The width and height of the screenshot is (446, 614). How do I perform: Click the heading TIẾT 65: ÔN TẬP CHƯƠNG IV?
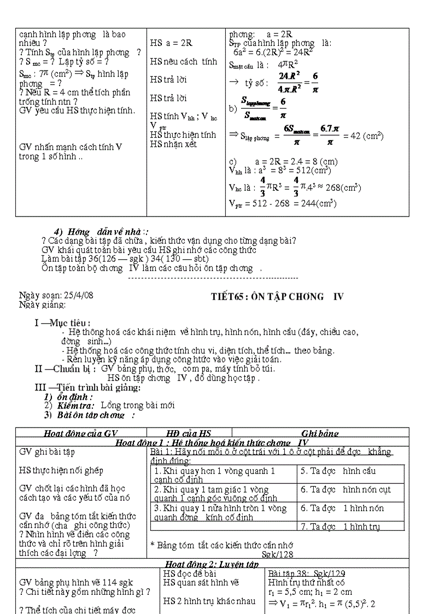[x=277, y=297]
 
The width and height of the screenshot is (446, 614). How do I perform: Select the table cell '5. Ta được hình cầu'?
[x=337, y=471]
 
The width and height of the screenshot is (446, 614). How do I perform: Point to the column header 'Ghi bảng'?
[x=320, y=434]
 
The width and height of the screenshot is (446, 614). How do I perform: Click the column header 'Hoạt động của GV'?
[x=81, y=434]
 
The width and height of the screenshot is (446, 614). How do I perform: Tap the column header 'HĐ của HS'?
[x=189, y=434]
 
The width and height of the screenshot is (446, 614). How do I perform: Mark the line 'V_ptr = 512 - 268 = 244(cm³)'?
[x=283, y=203]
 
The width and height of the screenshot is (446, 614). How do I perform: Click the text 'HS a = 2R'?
[x=171, y=43]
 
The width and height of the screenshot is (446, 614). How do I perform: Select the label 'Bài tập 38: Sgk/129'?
[x=306, y=573]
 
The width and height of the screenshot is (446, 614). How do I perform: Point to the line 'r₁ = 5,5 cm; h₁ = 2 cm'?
[x=310, y=592]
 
